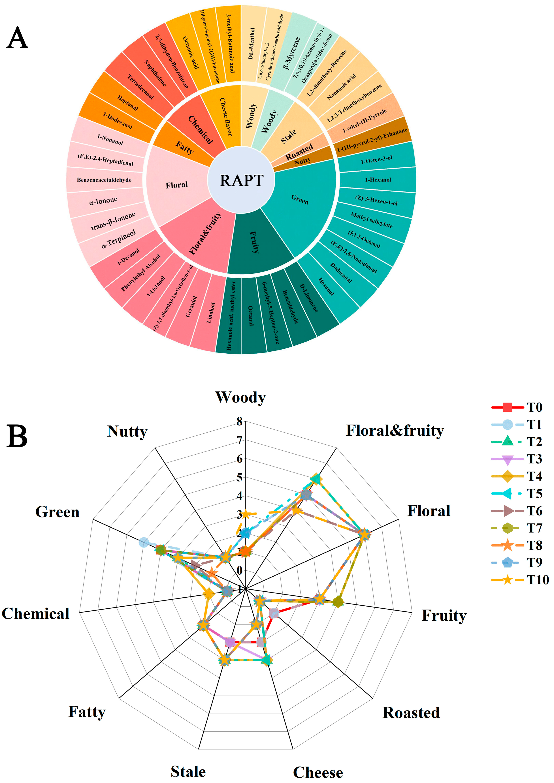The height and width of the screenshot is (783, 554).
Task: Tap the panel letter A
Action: tap(17, 38)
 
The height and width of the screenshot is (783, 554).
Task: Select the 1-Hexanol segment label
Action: tap(378, 180)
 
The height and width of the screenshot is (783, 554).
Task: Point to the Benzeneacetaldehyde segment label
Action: tap(104, 180)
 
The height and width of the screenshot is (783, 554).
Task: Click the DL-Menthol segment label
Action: tap(251, 44)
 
